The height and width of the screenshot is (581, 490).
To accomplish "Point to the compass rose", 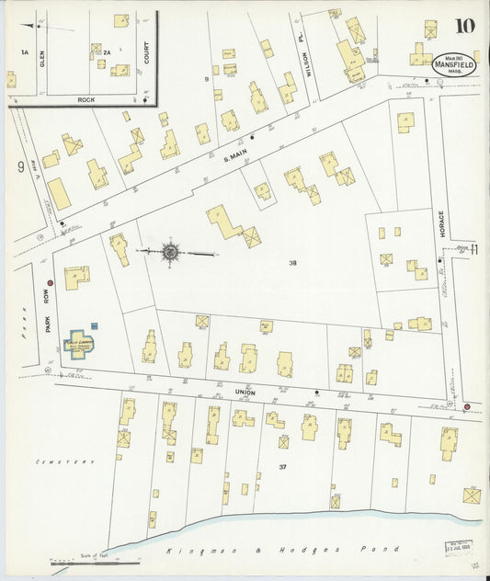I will point(170,251).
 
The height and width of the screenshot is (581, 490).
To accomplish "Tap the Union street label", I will point(245,391).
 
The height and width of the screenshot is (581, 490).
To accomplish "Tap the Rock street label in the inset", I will point(86,98).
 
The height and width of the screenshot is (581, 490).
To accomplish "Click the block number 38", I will point(291,263).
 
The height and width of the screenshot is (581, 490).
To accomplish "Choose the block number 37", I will point(283,467).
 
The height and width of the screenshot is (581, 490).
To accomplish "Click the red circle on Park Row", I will point(51,283).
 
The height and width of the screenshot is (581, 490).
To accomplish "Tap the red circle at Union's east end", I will point(467,406).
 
